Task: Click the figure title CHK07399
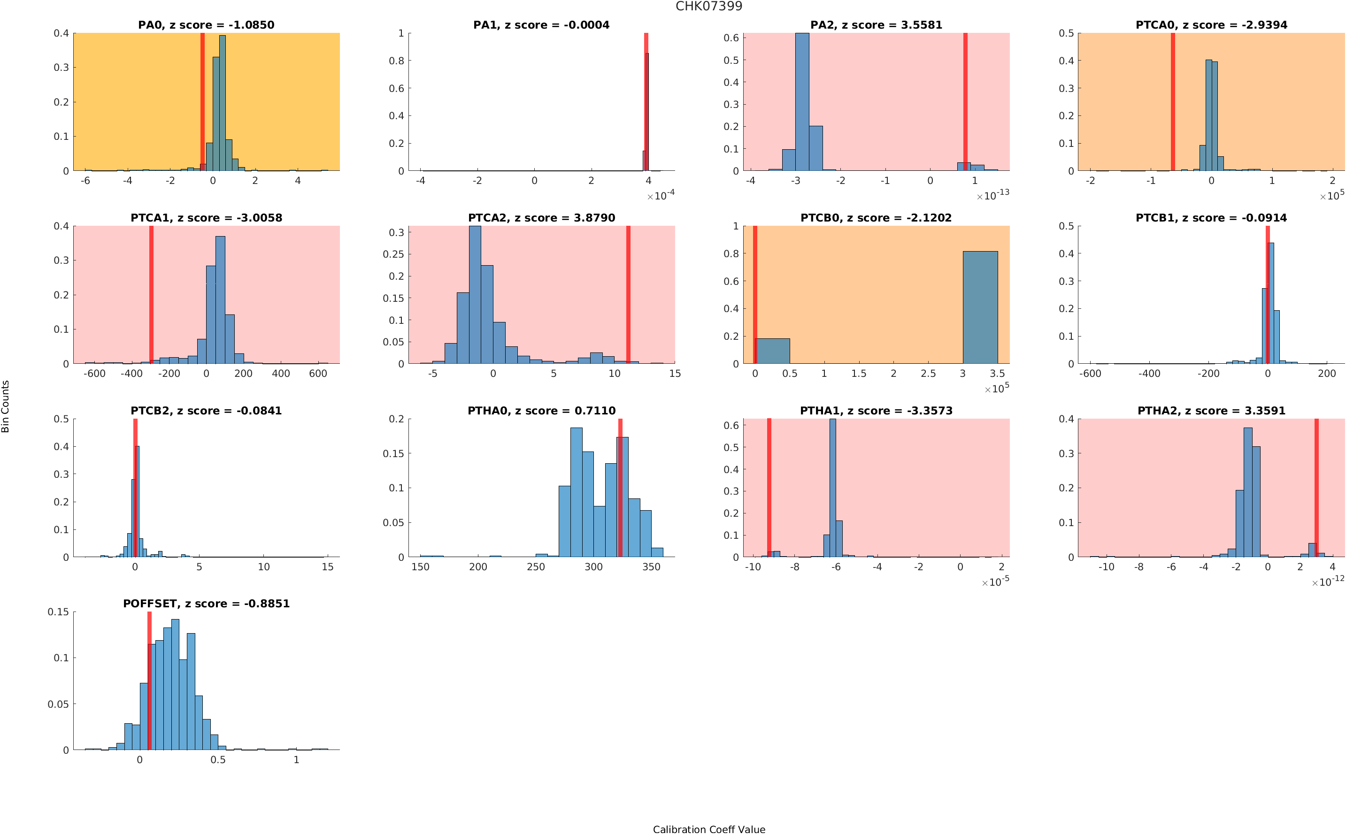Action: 708,7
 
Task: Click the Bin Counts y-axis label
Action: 6,406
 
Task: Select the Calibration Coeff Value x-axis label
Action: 708,828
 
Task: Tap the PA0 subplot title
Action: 206,25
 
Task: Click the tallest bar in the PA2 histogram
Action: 802,102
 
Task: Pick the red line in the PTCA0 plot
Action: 1172,102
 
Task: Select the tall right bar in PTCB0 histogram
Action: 980,307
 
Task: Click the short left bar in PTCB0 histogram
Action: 772,351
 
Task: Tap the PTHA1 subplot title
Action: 876,411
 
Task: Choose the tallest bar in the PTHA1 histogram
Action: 832,488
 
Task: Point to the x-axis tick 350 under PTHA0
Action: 651,567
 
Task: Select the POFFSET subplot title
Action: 206,604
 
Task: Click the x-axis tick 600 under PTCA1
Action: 318,374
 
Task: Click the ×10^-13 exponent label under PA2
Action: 993,195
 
